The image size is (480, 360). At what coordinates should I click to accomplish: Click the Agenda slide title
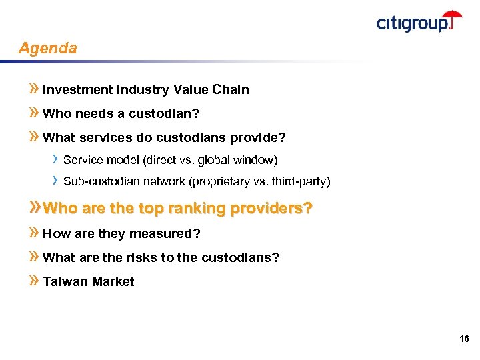click(47, 49)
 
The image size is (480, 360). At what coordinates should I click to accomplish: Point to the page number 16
click(464, 339)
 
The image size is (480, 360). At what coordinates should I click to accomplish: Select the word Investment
click(77, 90)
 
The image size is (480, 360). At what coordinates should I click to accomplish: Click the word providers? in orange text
click(271, 209)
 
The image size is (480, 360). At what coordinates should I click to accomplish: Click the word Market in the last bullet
click(113, 282)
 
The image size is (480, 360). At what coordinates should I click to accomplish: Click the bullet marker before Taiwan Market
click(35, 281)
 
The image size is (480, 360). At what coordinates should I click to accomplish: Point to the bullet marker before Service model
click(56, 159)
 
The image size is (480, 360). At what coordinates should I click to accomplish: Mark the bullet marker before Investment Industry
click(35, 89)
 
